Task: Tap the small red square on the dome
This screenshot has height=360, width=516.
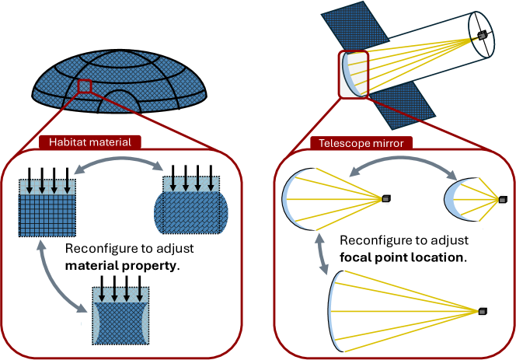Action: (x=85, y=86)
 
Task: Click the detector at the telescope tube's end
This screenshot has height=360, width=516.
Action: (x=483, y=35)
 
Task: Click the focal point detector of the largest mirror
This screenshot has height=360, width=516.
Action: (x=483, y=311)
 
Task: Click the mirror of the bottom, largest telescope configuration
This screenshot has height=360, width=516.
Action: (x=336, y=311)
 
